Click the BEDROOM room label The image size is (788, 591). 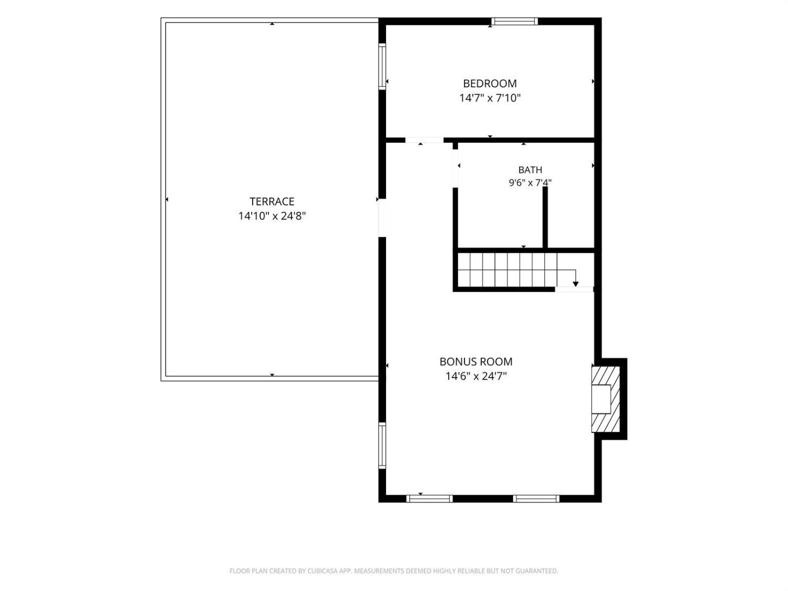coord(490,84)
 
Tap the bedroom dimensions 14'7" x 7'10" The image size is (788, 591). coord(490,98)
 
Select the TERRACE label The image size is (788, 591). coord(272,201)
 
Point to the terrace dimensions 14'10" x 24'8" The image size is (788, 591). coord(272,216)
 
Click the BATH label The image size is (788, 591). coord(530,170)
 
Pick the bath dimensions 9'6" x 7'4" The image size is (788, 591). coord(530,183)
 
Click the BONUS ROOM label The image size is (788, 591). coord(476,361)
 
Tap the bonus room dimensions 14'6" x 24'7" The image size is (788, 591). coord(476,376)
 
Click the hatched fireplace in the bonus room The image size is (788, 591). coord(606,399)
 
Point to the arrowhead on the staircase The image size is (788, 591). coord(575,284)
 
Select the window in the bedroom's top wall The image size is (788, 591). coord(514,21)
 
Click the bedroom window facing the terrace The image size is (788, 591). coord(382,66)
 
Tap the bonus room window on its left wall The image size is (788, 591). coord(382,445)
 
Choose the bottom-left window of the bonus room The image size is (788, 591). coord(429,499)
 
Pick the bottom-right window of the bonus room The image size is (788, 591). coord(536,499)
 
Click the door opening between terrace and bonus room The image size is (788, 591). coord(382,218)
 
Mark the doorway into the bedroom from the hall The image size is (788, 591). coord(424,140)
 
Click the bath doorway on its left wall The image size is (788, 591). coord(455,168)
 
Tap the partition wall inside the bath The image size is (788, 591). coord(545,217)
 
